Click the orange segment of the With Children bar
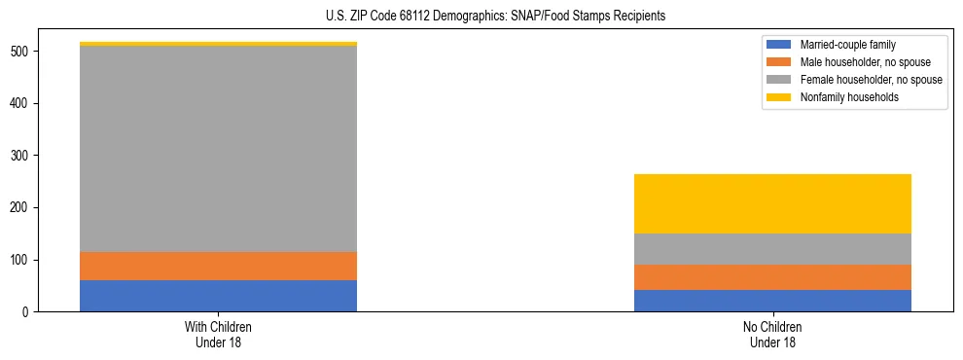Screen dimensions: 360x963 [218, 267]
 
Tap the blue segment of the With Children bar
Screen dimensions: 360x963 [218, 296]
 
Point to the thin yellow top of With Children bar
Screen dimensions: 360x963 [218, 44]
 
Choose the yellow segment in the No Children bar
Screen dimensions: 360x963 [772, 203]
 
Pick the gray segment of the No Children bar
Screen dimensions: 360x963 [772, 249]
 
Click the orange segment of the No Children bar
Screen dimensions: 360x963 [772, 277]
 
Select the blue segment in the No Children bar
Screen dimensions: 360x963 [772, 301]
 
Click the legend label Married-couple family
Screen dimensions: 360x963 [847, 45]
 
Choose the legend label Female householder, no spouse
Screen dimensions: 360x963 [871, 80]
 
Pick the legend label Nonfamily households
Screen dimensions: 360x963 [849, 97]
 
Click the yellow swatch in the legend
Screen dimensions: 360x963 [779, 97]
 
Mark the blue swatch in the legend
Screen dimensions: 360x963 [779, 45]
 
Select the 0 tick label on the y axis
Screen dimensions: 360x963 [27, 312]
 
